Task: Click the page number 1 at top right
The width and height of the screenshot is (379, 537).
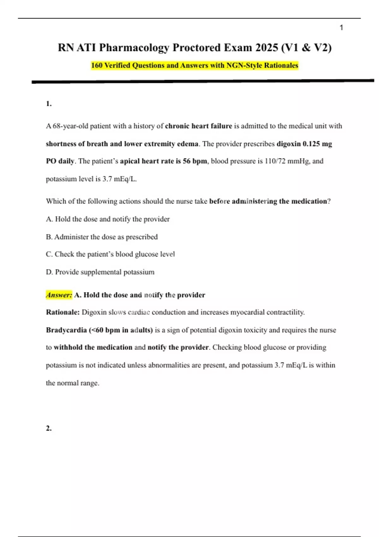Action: [341, 28]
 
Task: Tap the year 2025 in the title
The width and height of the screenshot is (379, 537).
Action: [267, 48]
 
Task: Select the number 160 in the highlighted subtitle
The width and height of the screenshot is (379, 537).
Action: [97, 65]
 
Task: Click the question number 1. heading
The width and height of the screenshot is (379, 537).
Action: [49, 104]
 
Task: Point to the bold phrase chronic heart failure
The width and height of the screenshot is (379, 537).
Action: [198, 126]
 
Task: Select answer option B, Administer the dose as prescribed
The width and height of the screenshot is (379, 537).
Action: [102, 237]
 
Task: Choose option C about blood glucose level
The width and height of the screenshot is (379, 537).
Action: [110, 254]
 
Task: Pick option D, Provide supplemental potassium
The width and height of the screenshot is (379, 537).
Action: [100, 272]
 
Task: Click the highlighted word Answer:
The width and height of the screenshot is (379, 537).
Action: [59, 295]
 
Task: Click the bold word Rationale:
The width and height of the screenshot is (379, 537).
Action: [63, 312]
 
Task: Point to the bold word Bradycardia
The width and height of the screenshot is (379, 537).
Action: [66, 330]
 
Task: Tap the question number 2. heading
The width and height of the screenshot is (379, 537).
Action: [49, 428]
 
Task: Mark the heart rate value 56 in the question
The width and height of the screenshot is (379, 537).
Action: [187, 161]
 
